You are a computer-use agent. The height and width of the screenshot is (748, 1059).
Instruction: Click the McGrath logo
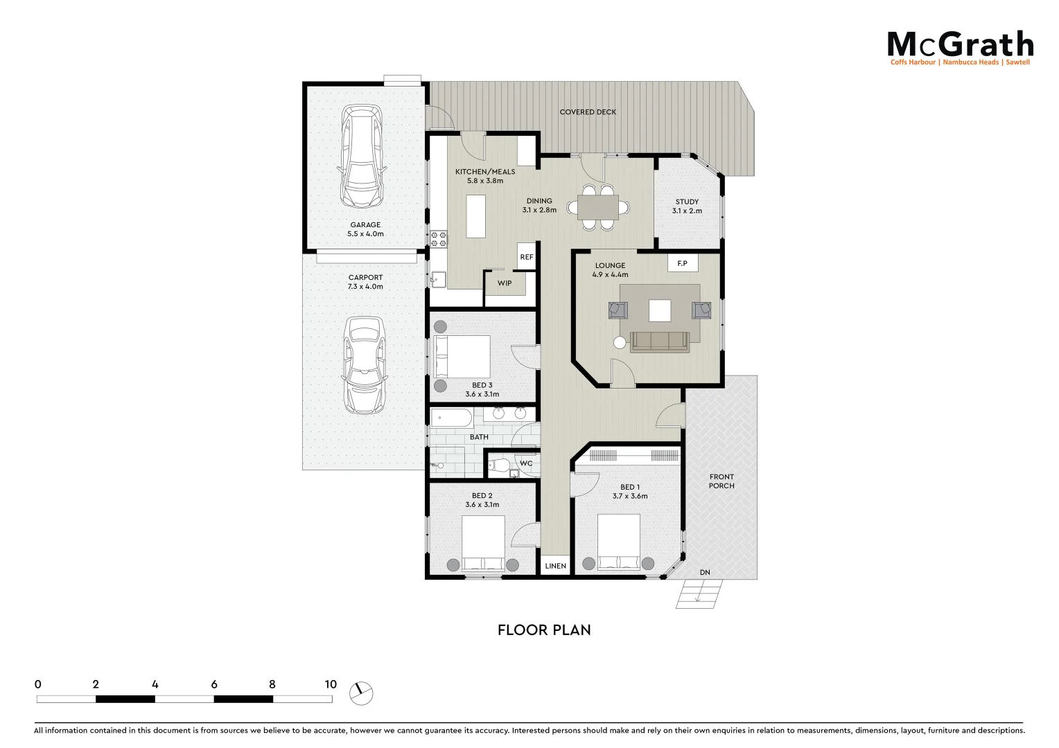tap(960, 46)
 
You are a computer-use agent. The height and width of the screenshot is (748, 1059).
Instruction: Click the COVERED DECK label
tap(588, 112)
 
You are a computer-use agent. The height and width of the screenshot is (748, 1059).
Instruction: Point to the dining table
tap(598, 206)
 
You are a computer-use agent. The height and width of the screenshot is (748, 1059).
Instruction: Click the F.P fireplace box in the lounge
tap(683, 263)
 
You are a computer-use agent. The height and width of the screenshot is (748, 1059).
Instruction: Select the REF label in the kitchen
tap(527, 257)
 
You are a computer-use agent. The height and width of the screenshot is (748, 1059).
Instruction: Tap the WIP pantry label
tap(505, 283)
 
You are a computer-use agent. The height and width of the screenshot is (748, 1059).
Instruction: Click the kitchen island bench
tap(475, 216)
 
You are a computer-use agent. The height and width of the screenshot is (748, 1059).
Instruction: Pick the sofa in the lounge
tap(659, 341)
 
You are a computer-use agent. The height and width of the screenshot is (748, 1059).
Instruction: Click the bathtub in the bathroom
tap(452, 418)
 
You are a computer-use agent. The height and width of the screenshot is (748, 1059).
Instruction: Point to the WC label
tap(526, 464)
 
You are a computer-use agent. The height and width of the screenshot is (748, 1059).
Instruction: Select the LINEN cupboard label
tap(555, 566)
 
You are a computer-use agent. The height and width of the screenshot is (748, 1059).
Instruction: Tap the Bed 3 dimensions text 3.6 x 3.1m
tap(482, 394)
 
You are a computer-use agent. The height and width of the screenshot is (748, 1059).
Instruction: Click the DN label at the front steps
tap(705, 573)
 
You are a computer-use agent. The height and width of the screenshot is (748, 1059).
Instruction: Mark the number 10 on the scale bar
tap(331, 684)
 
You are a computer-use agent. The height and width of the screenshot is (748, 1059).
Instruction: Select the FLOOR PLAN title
tap(544, 630)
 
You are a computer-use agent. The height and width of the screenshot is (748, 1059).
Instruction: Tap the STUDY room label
tap(687, 202)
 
